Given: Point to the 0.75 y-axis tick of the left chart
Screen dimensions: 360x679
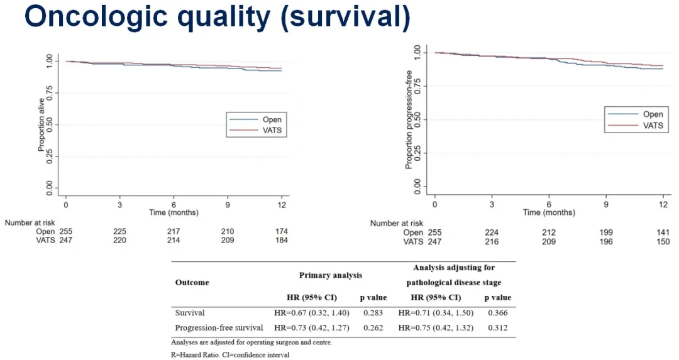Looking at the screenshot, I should pos(50,93).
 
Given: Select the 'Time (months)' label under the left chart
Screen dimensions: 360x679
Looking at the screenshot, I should pos(174,213).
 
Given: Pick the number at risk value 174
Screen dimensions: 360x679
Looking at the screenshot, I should pos(282,232).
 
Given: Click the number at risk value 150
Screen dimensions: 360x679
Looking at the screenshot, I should pos(663,242).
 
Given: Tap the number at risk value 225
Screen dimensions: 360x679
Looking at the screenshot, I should pos(119,232).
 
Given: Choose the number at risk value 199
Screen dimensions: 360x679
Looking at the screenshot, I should pos(605,232).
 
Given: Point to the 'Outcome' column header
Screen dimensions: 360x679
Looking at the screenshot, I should pos(192,282).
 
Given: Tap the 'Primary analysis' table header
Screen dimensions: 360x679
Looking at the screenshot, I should pos(330,275).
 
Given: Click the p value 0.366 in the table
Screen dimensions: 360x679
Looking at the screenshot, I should pos(497,312).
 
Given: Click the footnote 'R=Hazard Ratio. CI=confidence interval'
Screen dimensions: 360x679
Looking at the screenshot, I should pos(230,355).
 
